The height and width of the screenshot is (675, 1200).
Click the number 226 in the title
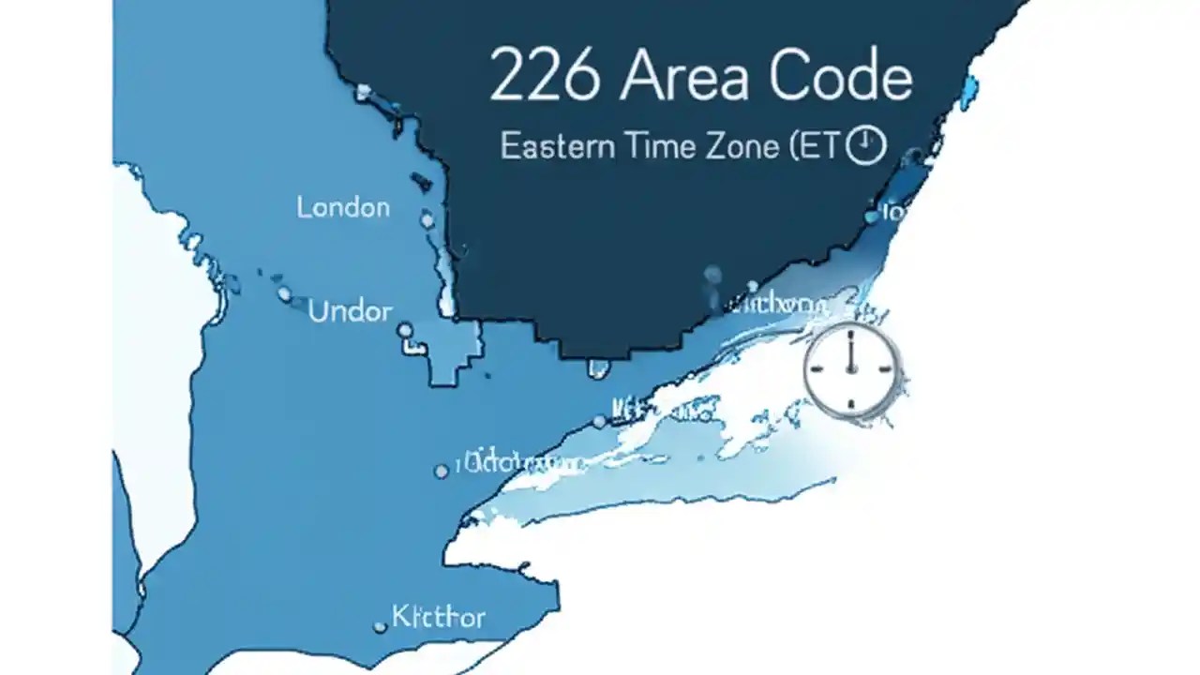(x=544, y=78)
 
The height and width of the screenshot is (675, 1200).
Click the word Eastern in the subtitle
(x=558, y=146)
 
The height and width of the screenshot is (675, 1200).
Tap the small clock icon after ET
(x=865, y=146)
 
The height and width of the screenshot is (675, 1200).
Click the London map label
(x=343, y=207)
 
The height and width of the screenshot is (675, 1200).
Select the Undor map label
(x=350, y=311)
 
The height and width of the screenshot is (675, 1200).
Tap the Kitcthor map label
(x=438, y=617)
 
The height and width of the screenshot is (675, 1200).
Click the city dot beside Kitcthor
(x=381, y=625)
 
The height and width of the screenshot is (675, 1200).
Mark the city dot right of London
(x=427, y=219)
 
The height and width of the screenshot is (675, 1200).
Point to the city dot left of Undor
(x=284, y=293)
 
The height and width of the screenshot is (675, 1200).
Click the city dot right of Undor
(x=405, y=330)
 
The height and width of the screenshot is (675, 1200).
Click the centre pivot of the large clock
(x=851, y=369)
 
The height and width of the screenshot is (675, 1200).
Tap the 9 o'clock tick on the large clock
(x=817, y=369)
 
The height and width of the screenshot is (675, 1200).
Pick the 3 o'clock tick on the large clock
(x=886, y=369)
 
